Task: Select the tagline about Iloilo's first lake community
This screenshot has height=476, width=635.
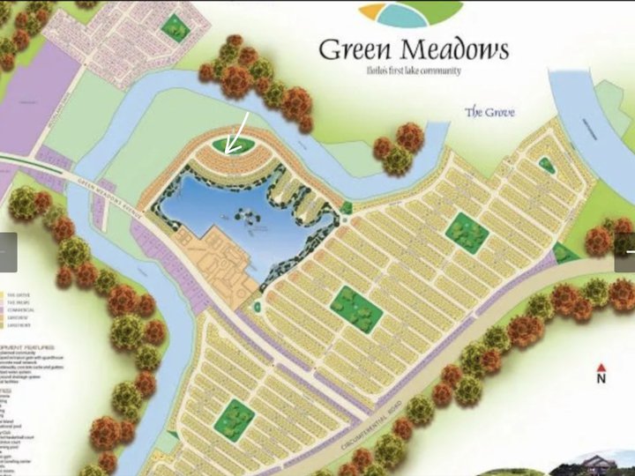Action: (x=413, y=71)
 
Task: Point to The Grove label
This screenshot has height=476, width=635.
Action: (x=489, y=112)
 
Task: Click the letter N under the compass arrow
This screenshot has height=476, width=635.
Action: (x=601, y=379)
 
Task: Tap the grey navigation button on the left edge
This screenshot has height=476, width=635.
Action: (x=8, y=252)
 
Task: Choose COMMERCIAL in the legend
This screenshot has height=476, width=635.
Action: (x=19, y=312)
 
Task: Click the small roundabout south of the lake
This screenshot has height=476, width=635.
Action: (x=257, y=306)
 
